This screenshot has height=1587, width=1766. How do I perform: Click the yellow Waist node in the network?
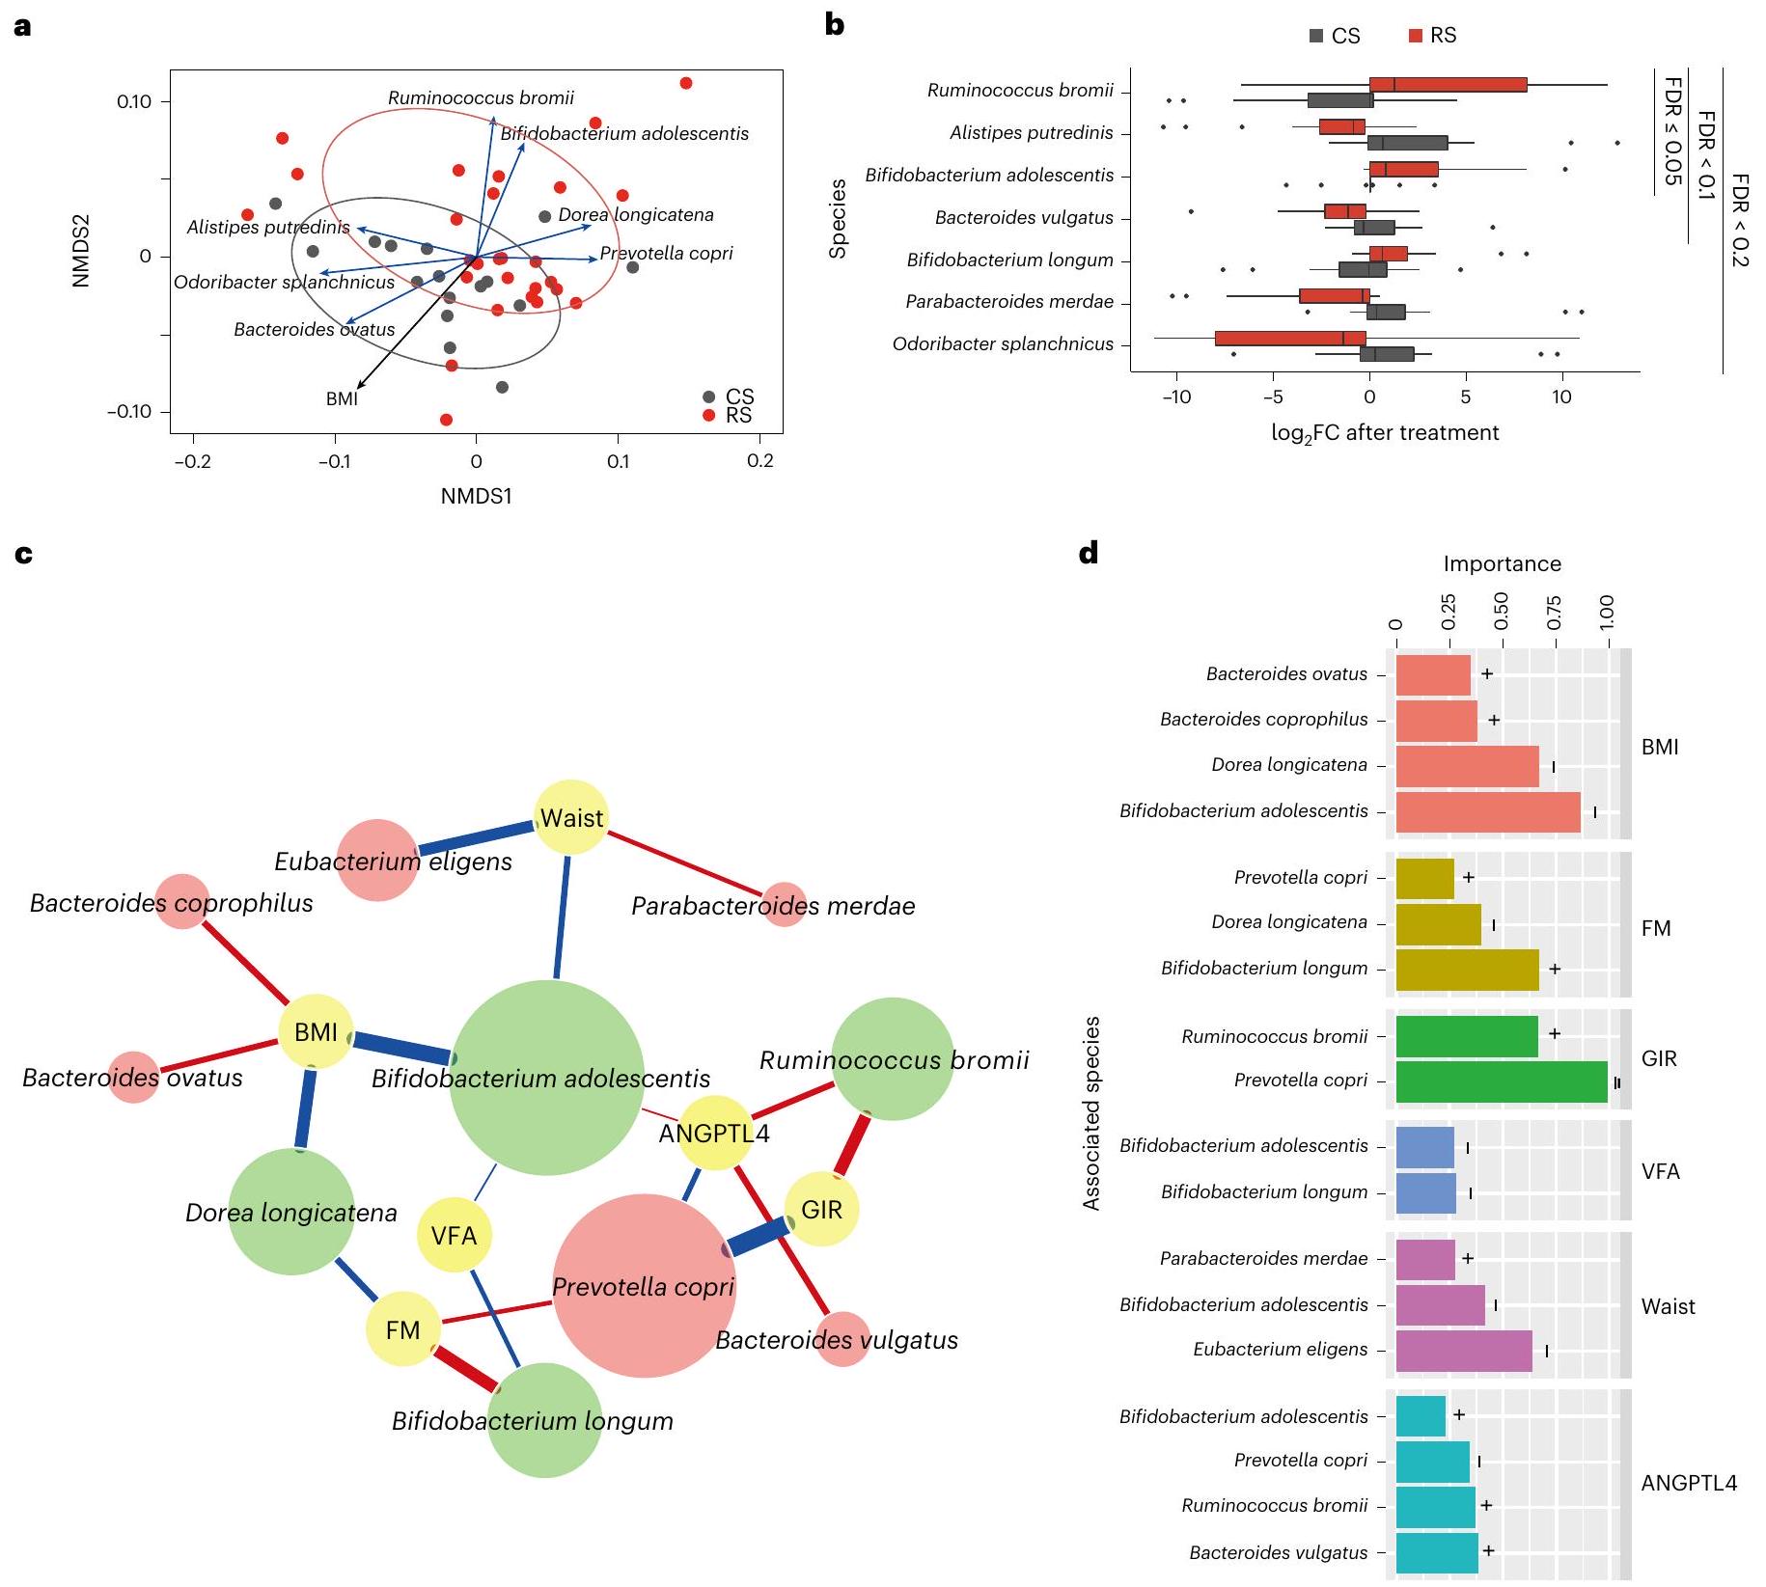571,818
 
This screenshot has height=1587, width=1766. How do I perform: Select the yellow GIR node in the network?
821,1209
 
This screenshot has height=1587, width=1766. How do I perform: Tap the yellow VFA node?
454,1235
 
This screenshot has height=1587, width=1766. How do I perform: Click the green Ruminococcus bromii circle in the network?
893,1059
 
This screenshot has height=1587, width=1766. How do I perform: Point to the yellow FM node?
402,1329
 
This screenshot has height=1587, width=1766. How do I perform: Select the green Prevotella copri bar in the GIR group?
1501,1081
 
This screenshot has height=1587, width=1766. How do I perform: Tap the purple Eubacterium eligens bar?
1463,1351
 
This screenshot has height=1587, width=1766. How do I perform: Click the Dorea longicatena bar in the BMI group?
1467,766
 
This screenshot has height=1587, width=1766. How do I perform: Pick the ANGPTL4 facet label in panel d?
1689,1483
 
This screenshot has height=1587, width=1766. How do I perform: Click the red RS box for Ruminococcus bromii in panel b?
1448,85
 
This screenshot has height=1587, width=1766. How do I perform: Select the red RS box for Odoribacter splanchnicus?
1290,338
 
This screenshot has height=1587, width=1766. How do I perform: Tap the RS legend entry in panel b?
1433,36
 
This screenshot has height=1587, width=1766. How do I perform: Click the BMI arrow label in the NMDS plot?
342,398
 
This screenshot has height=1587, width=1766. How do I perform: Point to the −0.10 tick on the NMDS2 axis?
129,412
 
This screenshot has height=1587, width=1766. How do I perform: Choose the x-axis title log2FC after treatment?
1385,433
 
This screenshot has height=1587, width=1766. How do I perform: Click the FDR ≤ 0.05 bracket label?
1672,130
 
